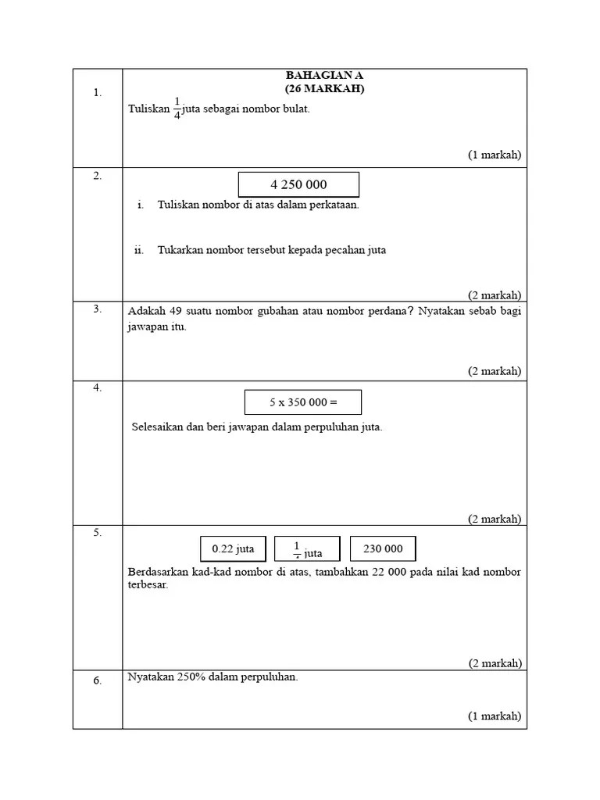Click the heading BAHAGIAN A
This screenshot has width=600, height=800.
324,76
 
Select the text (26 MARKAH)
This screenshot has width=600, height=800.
324,88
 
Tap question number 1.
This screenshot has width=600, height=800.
98,92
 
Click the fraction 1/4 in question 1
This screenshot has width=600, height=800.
177,109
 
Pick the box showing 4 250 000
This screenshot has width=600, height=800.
298,185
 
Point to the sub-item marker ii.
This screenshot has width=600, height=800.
139,250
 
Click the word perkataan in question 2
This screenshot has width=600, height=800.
331,205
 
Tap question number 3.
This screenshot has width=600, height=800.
98,309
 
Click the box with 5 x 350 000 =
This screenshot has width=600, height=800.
303,402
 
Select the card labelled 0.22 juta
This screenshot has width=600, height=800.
233,549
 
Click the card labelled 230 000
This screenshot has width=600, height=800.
383,549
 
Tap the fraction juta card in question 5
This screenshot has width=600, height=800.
307,549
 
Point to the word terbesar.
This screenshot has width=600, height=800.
148,585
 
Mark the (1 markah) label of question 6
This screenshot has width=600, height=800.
495,716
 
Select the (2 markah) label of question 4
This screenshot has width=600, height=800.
495,519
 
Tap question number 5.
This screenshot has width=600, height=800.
98,533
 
